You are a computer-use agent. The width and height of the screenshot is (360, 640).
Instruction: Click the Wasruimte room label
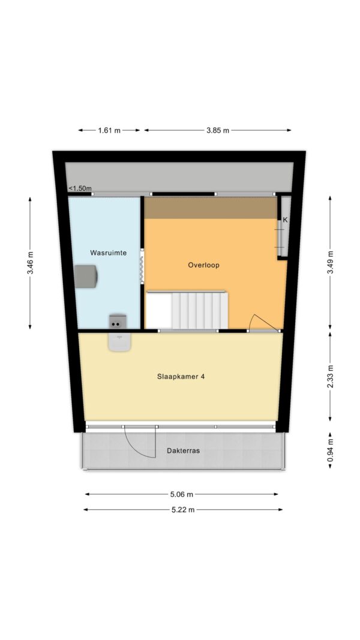pos(108,253)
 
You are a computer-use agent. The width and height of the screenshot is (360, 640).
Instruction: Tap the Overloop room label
pos(203,265)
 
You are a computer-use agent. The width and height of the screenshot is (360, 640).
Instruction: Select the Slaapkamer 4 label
pos(181,377)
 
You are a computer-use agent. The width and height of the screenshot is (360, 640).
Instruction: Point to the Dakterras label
pos(183,451)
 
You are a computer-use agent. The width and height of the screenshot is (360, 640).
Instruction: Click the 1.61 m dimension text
pos(109,131)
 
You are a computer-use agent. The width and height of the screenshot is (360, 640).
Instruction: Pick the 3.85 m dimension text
pos(218,131)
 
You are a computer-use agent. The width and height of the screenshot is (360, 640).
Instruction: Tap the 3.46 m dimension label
pos(30,263)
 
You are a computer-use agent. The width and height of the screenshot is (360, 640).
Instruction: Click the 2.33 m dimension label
pos(330,376)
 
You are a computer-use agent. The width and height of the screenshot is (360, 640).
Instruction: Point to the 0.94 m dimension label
pos(330,450)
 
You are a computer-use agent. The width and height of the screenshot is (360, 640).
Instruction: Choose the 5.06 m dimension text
pos(182,494)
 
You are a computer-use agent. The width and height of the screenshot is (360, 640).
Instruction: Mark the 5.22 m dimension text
pos(183,510)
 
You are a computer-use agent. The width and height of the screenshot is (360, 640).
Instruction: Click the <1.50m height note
pos(80,188)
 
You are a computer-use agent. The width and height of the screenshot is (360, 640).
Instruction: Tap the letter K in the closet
pos(286,220)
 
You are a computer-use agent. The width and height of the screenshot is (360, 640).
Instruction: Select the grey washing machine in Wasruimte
pos(86,277)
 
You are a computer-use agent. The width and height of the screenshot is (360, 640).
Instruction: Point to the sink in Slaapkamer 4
pos(119,342)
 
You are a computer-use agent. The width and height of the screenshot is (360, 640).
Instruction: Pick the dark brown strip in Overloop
pos(211,208)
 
